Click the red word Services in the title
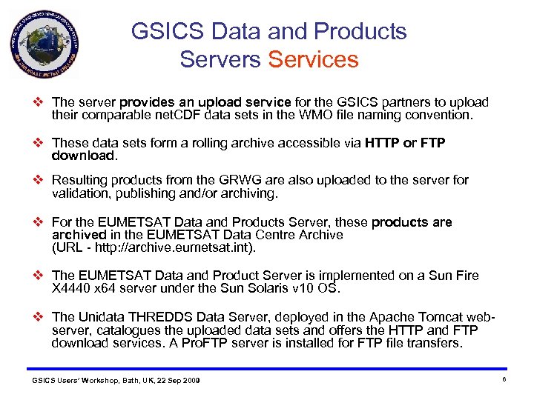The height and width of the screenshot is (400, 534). [313, 59]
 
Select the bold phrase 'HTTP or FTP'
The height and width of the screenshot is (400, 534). [405, 143]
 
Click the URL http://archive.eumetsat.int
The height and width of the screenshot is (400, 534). [167, 247]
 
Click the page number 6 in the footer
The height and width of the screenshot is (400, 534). [504, 379]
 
